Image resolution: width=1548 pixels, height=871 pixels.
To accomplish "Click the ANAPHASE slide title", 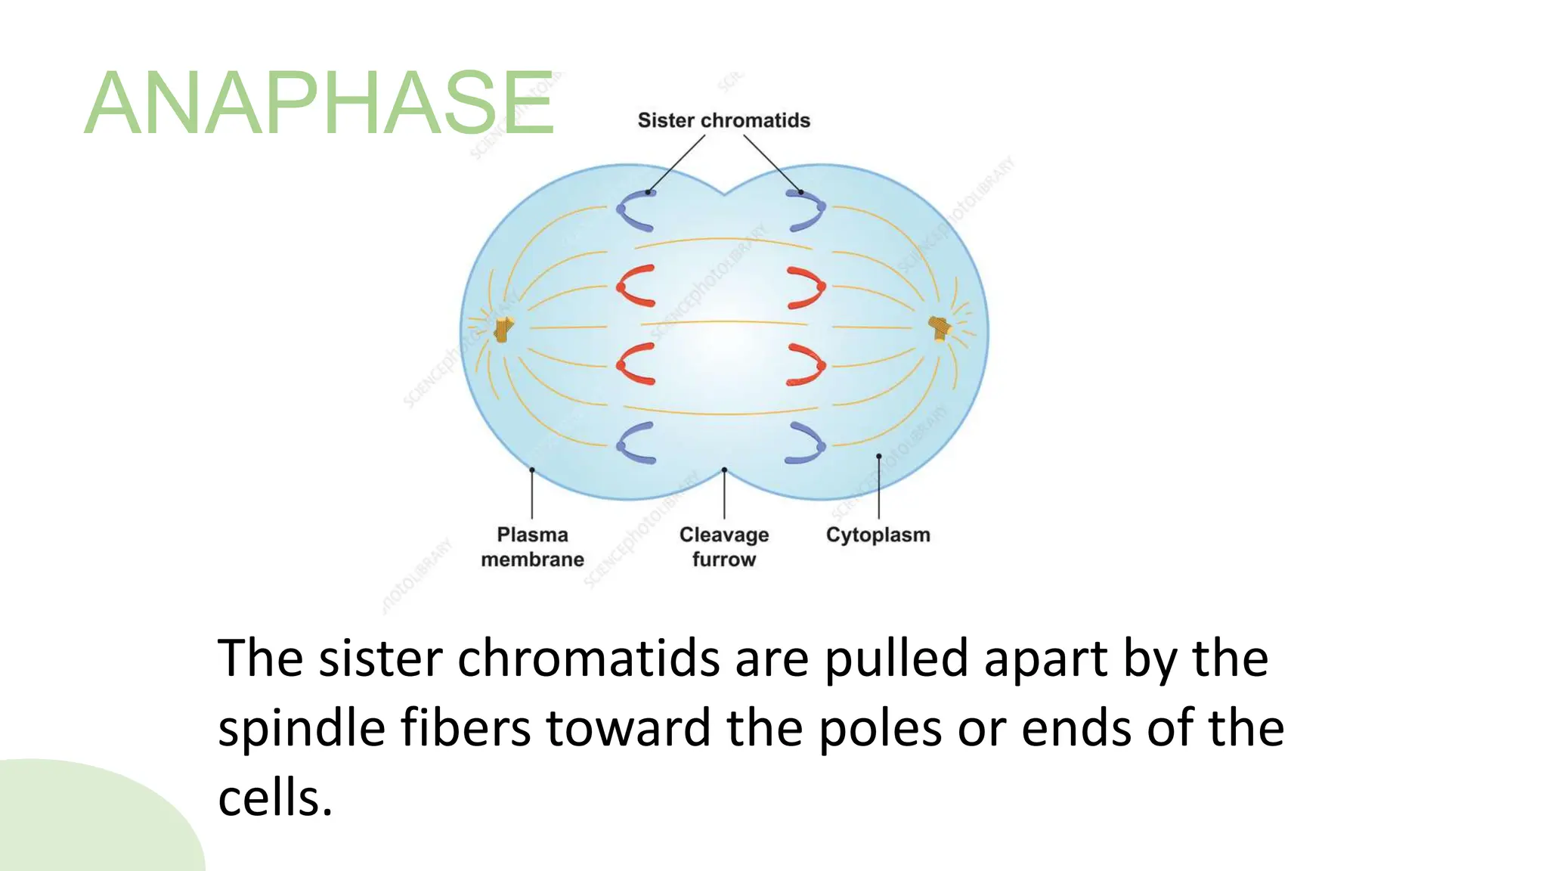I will tap(319, 103).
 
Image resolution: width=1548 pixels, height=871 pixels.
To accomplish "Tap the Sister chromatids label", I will tap(723, 120).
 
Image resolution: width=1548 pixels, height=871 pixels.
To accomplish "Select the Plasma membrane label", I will tap(532, 547).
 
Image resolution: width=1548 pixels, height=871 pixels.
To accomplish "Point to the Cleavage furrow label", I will tap(723, 547).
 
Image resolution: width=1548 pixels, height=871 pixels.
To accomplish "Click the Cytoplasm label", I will tap(878, 535).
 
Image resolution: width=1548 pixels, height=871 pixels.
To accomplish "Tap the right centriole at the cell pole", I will tap(940, 328).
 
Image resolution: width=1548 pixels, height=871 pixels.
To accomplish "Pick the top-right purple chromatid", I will tap(812, 211).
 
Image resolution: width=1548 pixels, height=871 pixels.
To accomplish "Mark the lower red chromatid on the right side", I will tap(812, 364).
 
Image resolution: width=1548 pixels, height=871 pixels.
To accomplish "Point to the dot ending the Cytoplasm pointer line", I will tap(878, 456).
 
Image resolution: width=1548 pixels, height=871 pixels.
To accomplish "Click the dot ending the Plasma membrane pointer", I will tap(532, 470).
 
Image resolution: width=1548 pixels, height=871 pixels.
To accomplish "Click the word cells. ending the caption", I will tap(275, 798).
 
